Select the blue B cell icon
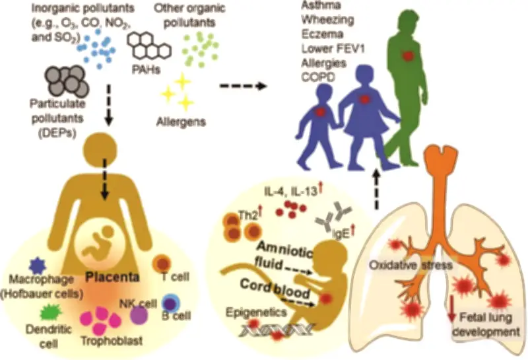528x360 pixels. (170, 304)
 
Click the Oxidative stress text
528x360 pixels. (409, 266)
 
